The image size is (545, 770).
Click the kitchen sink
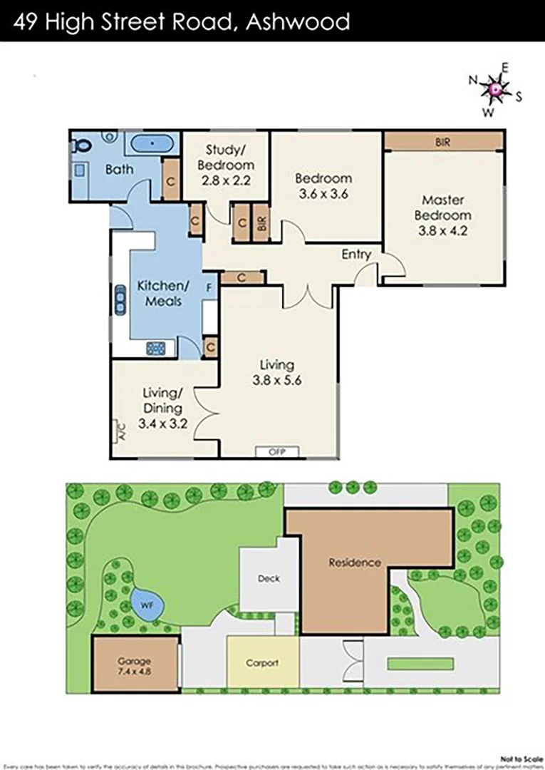point(118,298)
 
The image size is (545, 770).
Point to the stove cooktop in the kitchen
point(156,347)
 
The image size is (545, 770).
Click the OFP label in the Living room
point(276,451)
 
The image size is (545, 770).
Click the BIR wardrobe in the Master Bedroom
point(443,142)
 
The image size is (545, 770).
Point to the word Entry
point(356,254)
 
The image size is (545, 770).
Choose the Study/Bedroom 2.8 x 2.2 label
point(225,164)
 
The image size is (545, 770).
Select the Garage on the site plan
point(135,664)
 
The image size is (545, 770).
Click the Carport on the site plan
point(261,662)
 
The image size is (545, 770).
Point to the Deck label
point(269,578)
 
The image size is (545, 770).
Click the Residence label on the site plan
point(355,562)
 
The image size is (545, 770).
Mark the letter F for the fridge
point(209,289)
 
